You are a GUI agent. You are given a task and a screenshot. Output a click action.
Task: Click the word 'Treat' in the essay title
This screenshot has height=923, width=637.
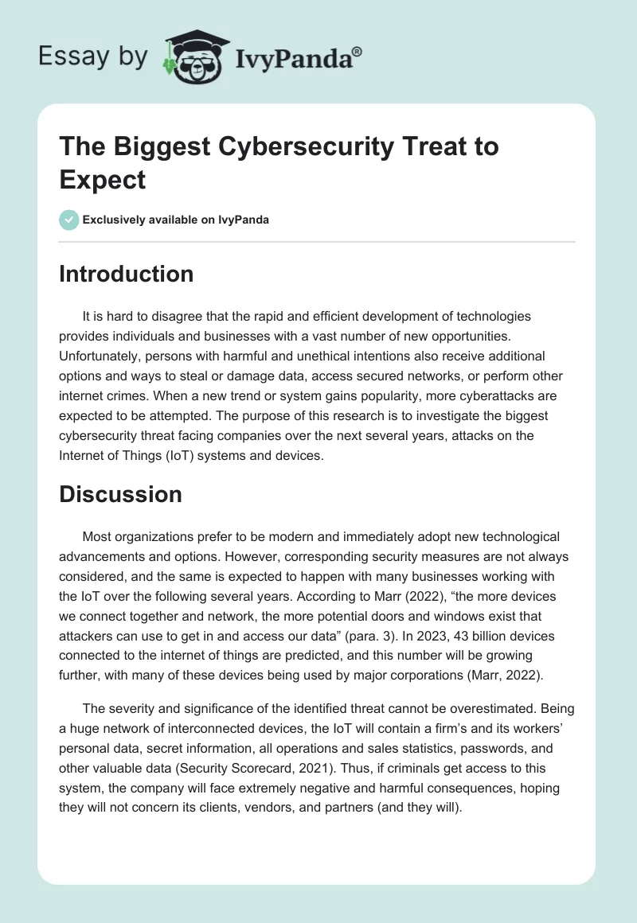(364, 146)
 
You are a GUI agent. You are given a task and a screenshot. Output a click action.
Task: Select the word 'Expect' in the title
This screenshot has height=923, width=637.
(103, 179)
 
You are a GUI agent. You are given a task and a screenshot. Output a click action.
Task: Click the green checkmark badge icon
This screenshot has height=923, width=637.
(69, 220)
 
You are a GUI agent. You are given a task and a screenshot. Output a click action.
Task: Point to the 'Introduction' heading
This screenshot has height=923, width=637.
(127, 274)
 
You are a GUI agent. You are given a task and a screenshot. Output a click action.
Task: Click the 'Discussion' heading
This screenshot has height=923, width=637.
(121, 494)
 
